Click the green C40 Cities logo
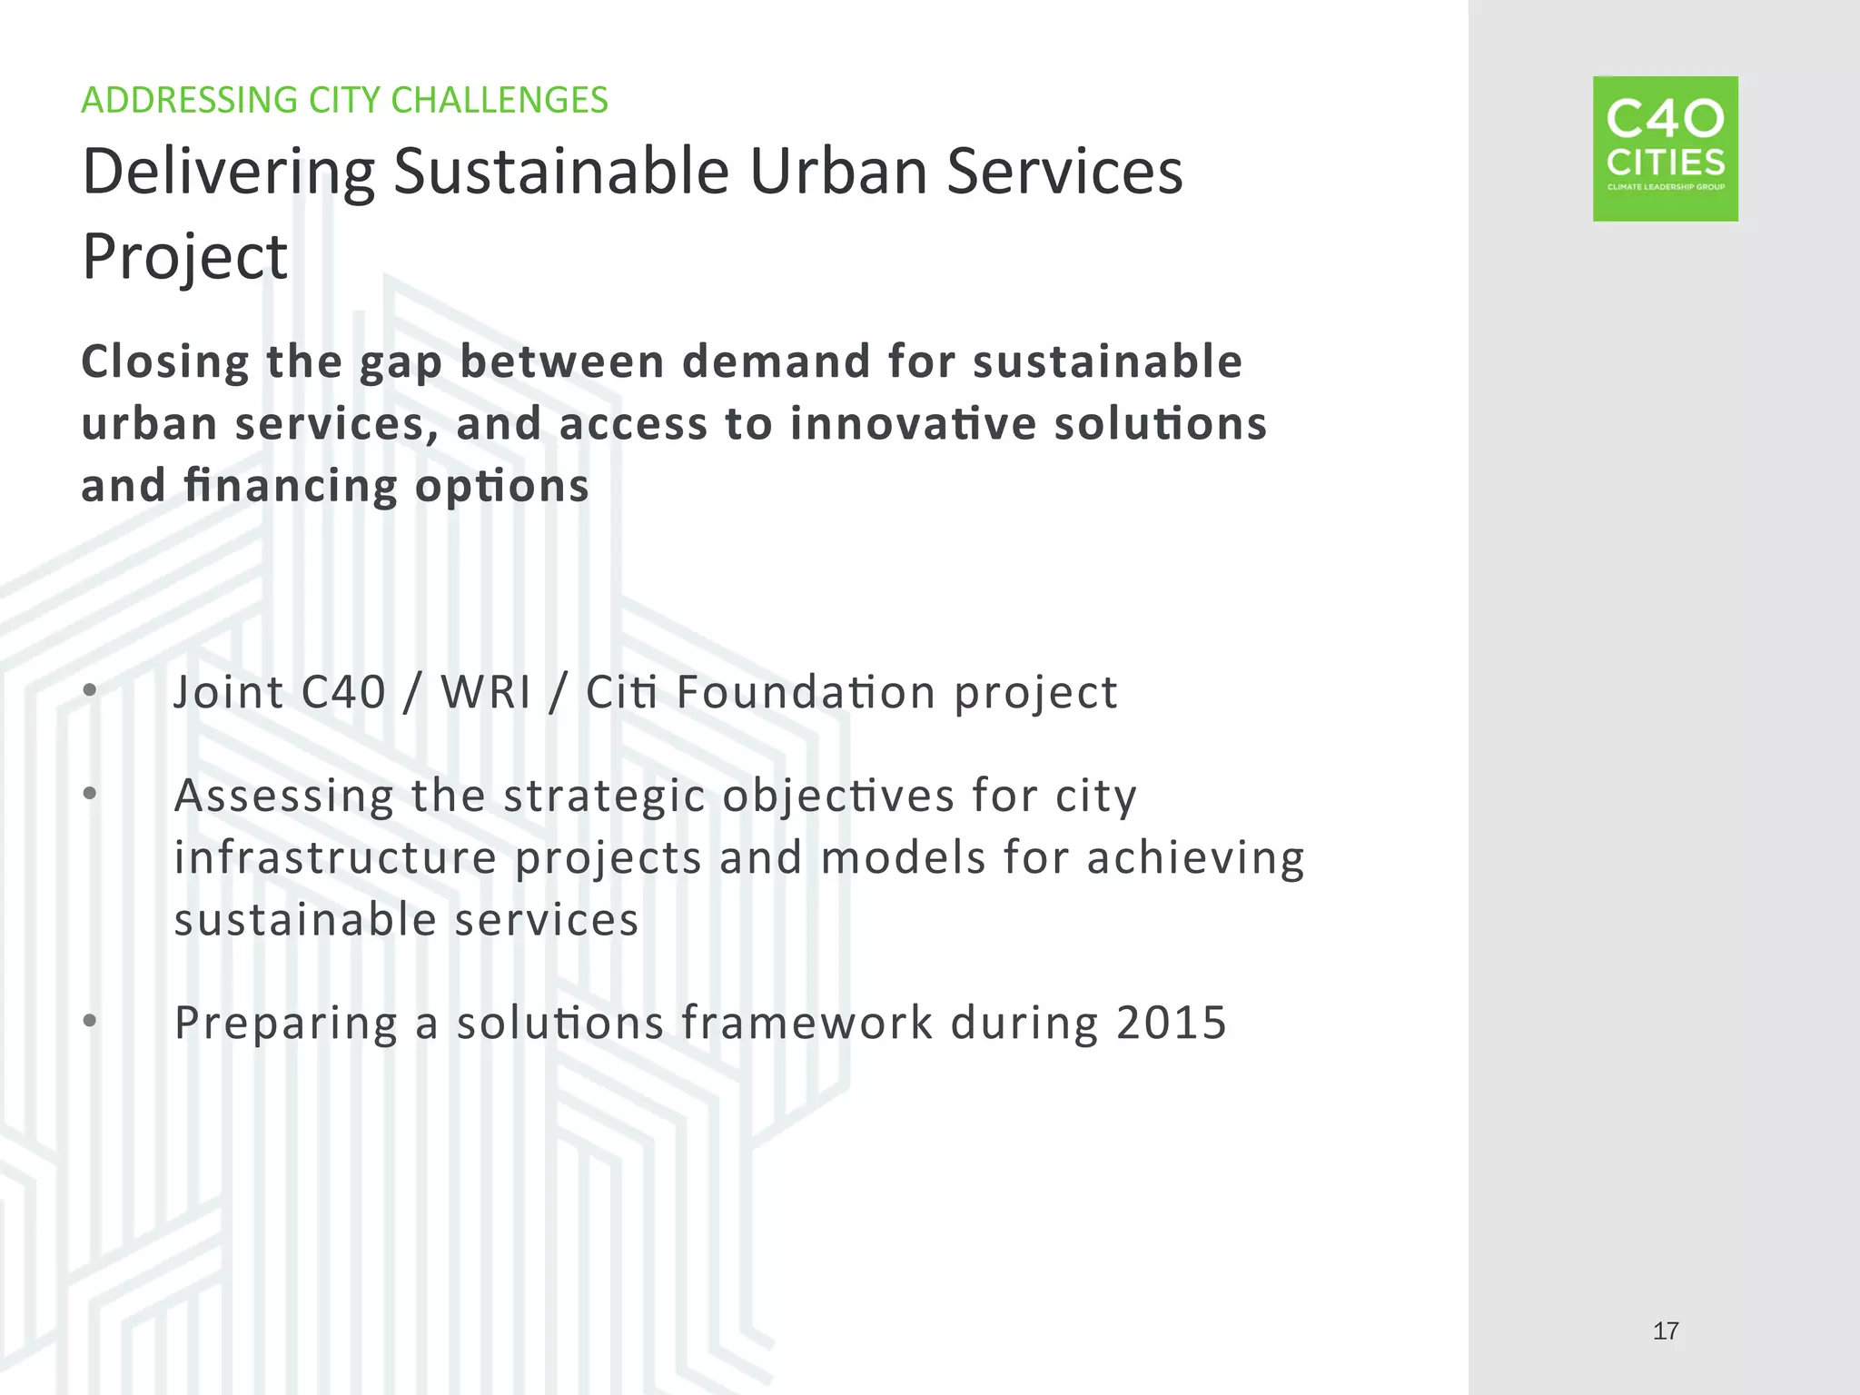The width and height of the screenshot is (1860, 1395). tap(1665, 148)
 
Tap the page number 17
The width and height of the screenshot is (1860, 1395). tap(1665, 1331)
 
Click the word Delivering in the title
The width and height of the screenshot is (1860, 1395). tap(228, 173)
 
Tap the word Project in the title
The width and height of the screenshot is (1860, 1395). tap(184, 257)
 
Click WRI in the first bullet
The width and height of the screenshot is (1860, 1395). tap(486, 692)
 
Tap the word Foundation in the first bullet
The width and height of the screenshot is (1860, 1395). tap(806, 692)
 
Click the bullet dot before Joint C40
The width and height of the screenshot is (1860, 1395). tap(89, 691)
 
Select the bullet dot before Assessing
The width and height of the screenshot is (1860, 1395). tap(89, 794)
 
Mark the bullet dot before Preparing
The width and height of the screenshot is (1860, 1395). tap(89, 1022)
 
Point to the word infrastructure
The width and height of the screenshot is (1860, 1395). tap(335, 857)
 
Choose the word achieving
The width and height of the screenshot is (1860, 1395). tap(1195, 858)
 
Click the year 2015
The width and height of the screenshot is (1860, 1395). tap(1172, 1023)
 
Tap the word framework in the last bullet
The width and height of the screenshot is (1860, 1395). tap(806, 1023)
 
